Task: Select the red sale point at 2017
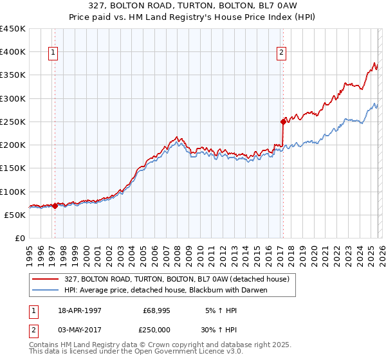coord(282,121)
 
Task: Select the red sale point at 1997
coord(55,206)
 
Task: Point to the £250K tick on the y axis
coord(13,122)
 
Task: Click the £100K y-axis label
coord(13,192)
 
